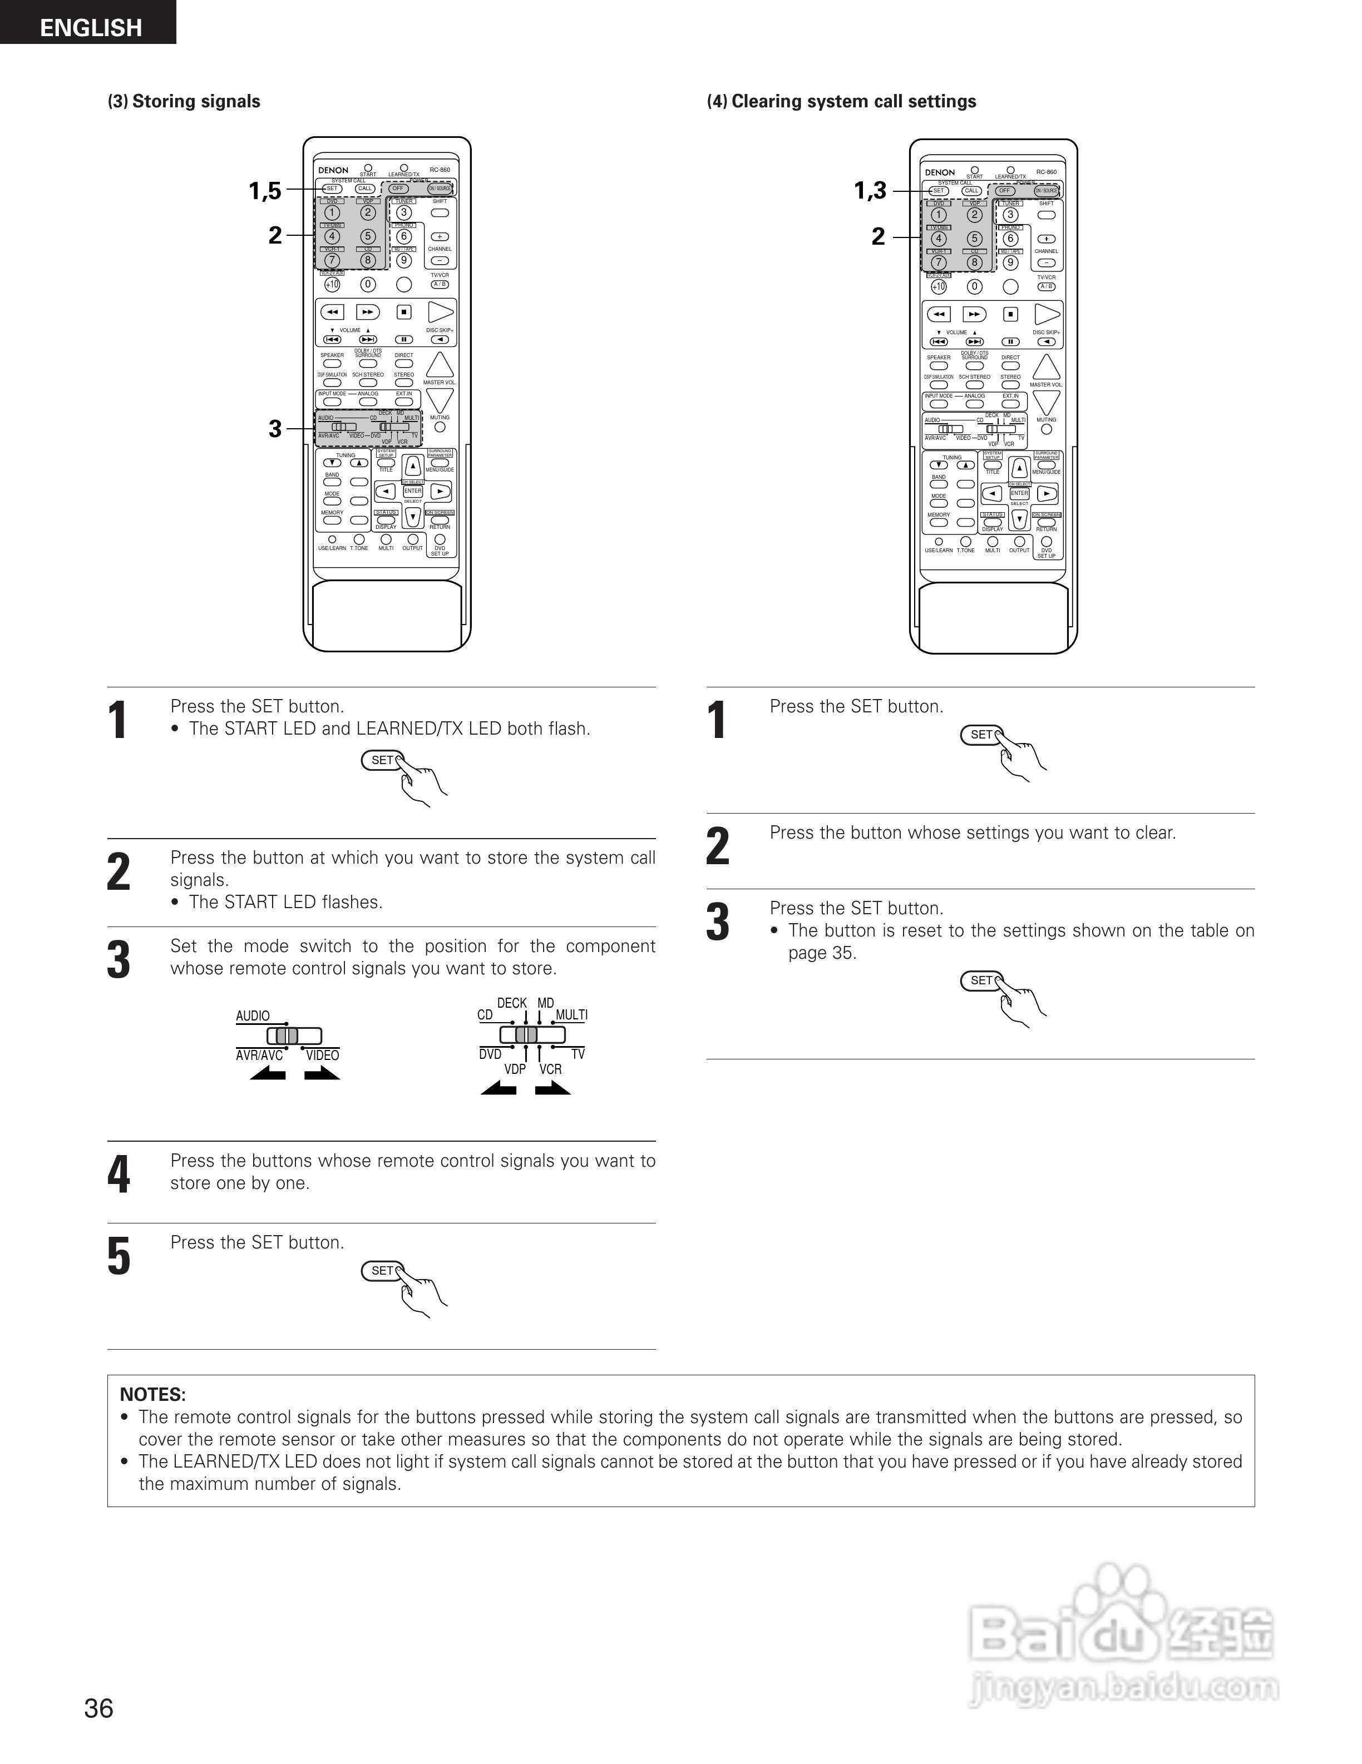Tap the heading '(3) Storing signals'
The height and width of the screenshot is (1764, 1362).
pyautogui.click(x=184, y=101)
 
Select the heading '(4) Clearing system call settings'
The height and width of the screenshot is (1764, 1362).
pyautogui.click(x=841, y=101)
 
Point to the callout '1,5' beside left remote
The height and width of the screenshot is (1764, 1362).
pyautogui.click(x=265, y=191)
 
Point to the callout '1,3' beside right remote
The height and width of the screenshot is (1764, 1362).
pyautogui.click(x=870, y=191)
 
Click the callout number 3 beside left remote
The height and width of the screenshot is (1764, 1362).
pyautogui.click(x=275, y=428)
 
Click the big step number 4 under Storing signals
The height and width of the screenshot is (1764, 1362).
pyautogui.click(x=119, y=1175)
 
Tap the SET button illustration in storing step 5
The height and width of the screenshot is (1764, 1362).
pyautogui.click(x=382, y=1271)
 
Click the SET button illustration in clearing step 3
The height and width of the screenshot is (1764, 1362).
pyautogui.click(x=981, y=980)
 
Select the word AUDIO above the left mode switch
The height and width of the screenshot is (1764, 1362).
pyautogui.click(x=253, y=1015)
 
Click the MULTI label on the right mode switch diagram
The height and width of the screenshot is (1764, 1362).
pyautogui.click(x=571, y=1014)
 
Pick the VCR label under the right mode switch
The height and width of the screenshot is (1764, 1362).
pyautogui.click(x=550, y=1069)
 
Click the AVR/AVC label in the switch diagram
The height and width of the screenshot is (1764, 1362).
pyautogui.click(x=259, y=1055)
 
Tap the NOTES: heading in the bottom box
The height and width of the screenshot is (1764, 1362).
pyautogui.click(x=152, y=1394)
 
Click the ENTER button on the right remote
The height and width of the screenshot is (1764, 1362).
pyautogui.click(x=1019, y=493)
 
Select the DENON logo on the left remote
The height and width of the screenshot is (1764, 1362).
pyautogui.click(x=333, y=170)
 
